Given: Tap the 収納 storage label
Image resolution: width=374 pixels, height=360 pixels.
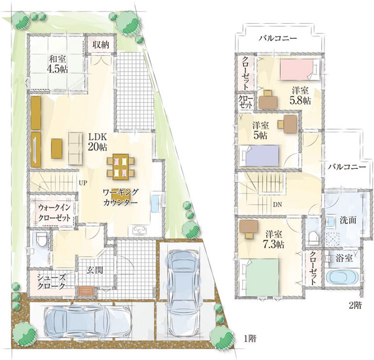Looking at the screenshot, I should pos(101,45).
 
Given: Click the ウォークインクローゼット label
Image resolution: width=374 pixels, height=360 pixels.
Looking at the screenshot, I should pos(54,213).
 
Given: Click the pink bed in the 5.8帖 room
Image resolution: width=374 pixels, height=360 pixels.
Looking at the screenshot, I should pos(298,70).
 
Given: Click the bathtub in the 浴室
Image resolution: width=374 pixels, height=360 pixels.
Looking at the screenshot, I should pos(342,278).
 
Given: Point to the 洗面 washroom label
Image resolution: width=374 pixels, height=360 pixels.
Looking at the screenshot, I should pos(348,220).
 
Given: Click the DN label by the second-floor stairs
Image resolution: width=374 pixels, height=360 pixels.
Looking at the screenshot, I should pos(277,204).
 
